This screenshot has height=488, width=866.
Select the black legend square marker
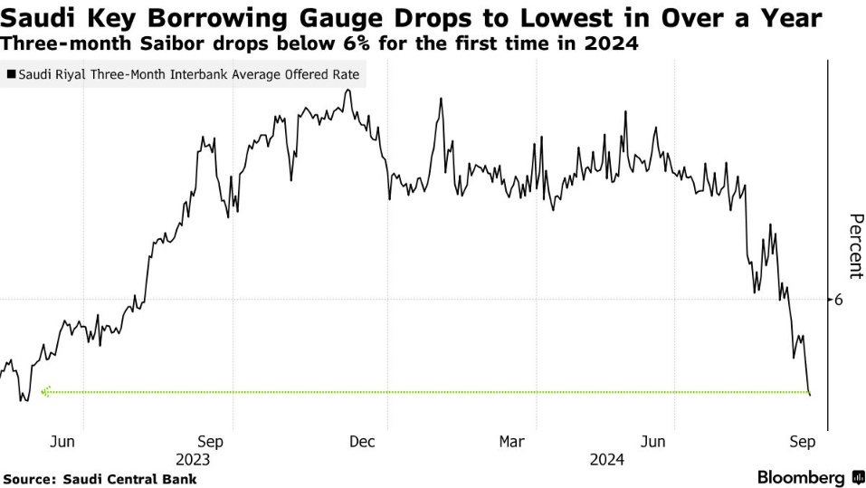(x=11, y=75)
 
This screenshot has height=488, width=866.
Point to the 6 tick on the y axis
(x=838, y=300)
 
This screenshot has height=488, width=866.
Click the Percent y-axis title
(x=855, y=245)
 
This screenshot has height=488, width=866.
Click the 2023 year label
(x=193, y=459)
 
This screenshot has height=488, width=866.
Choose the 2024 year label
(x=606, y=459)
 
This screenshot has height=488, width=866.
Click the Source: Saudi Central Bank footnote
(x=100, y=478)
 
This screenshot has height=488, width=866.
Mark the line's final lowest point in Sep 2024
(x=809, y=394)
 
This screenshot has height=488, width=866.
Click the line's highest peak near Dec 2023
(x=348, y=90)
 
